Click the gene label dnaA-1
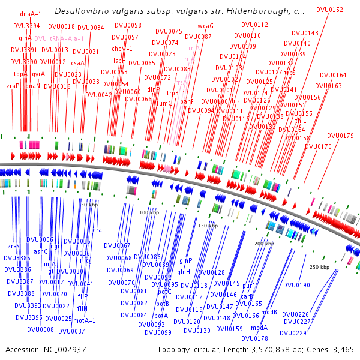(x=31, y=13)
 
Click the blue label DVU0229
(x=293, y=333)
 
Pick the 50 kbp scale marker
(x=89, y=205)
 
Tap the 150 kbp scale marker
(x=208, y=226)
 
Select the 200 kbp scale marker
(x=264, y=244)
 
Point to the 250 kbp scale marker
(x=319, y=266)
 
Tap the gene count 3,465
(x=340, y=349)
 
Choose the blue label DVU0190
(x=296, y=285)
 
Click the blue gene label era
(x=97, y=230)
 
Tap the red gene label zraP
(x=13, y=86)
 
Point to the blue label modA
(x=259, y=328)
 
